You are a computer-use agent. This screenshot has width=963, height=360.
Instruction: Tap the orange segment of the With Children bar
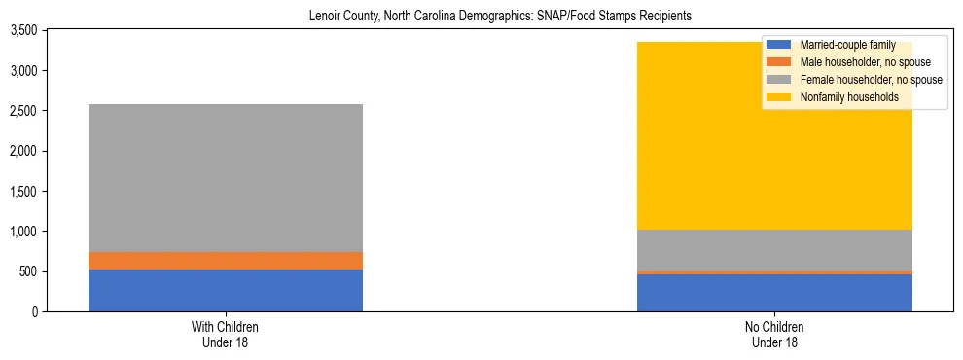tap(226, 261)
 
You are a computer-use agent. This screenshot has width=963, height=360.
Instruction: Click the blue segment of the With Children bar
tap(226, 290)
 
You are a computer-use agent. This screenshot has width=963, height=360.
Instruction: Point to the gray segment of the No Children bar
tap(774, 250)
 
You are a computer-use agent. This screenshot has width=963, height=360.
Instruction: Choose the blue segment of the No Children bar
tap(774, 293)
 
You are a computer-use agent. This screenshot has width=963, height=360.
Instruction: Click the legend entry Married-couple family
tap(840, 45)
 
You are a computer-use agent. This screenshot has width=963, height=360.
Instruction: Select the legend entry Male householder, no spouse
tap(856, 62)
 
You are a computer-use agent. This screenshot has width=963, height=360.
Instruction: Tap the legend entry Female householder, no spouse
tap(860, 80)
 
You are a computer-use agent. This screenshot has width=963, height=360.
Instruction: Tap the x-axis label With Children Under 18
tap(226, 335)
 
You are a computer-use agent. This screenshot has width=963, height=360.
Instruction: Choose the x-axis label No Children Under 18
tap(774, 335)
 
